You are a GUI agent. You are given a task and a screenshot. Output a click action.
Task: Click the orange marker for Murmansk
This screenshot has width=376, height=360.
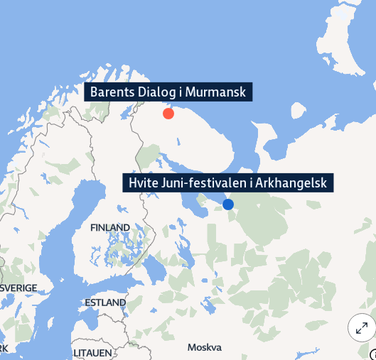(168, 114)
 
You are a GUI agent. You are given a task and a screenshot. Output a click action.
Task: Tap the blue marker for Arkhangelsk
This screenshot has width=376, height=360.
(228, 204)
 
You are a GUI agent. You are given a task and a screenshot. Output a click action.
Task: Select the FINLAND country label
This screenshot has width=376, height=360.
(110, 228)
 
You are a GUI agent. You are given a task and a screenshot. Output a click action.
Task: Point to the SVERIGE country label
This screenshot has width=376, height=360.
(18, 288)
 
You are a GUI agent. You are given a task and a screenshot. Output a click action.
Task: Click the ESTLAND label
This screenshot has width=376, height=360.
(104, 302)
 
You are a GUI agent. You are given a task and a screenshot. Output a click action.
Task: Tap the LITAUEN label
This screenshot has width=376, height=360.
(92, 352)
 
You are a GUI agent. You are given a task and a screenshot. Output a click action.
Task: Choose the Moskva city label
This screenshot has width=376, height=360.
(205, 347)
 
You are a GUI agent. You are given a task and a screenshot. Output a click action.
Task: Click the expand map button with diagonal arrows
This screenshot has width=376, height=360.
(361, 327)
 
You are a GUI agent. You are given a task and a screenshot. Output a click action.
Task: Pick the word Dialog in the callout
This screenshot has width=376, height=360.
(158, 92)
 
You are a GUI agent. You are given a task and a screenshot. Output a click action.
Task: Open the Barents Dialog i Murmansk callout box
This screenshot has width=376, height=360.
(168, 92)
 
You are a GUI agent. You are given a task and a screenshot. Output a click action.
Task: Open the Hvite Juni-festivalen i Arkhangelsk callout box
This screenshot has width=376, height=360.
(228, 183)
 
